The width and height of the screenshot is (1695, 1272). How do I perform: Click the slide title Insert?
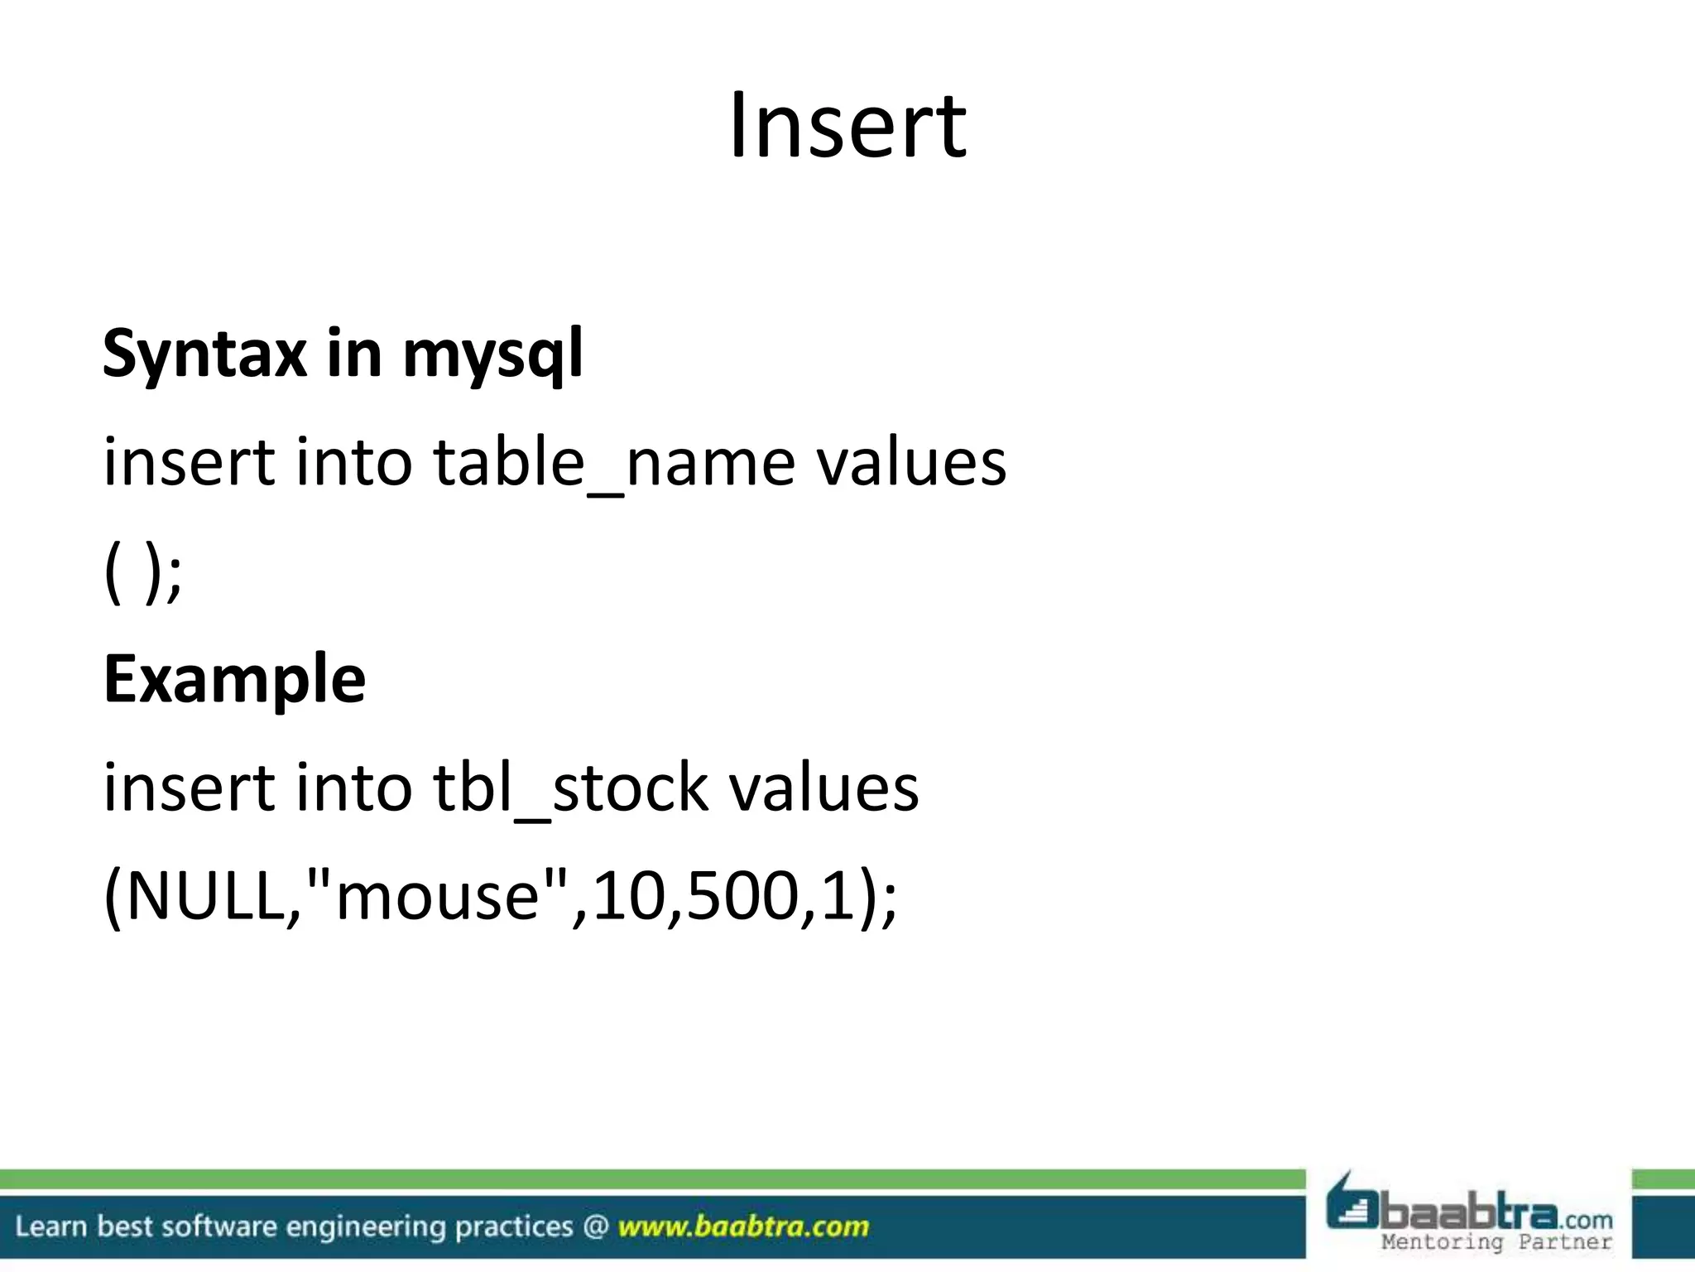pyautogui.click(x=847, y=126)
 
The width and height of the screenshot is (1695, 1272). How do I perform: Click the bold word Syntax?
pyautogui.click(x=204, y=354)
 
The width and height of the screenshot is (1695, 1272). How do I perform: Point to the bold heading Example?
pyautogui.click(x=234, y=679)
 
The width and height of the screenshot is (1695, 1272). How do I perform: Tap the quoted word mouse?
pyautogui.click(x=437, y=898)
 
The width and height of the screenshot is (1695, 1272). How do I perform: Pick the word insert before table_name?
pyautogui.click(x=188, y=462)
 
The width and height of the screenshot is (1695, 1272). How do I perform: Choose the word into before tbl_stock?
pyautogui.click(x=353, y=787)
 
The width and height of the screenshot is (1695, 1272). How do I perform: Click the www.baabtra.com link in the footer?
pyautogui.click(x=743, y=1226)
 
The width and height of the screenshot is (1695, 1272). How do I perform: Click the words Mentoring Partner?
pyautogui.click(x=1496, y=1242)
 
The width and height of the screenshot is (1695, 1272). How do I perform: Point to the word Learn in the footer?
pyautogui.click(x=50, y=1226)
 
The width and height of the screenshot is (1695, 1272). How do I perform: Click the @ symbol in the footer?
pyautogui.click(x=596, y=1226)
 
